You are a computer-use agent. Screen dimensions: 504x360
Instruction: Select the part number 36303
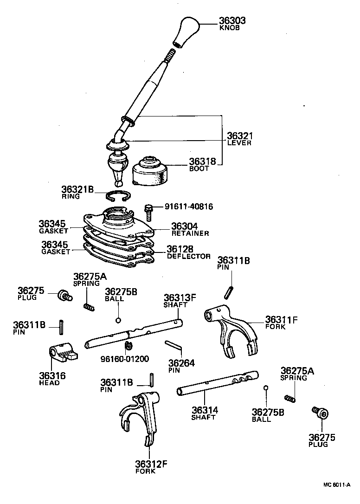232,21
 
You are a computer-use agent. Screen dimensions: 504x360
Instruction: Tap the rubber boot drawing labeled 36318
150,172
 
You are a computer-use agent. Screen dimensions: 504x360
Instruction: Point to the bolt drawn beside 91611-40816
148,212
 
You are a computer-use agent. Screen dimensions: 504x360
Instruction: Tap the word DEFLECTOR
189,256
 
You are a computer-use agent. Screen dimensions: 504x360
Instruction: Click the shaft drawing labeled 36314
217,382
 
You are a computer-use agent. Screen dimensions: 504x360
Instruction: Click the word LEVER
239,143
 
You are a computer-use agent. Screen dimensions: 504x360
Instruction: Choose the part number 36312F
151,464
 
